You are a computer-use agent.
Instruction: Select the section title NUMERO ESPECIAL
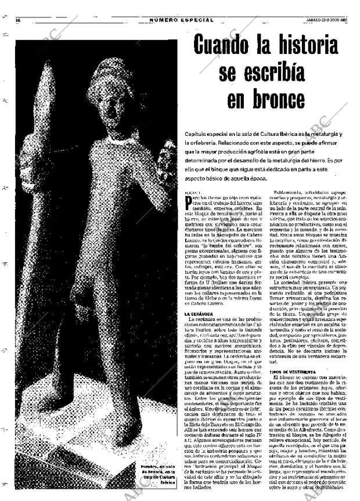pyautogui.click(x=181, y=20)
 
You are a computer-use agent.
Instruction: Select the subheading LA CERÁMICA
pyautogui.click(x=199, y=313)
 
